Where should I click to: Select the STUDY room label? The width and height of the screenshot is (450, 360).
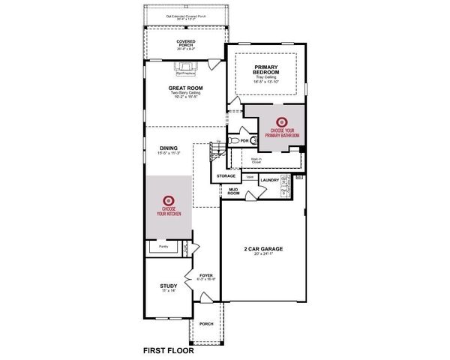coord(168,286)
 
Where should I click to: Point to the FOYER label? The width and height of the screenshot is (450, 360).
coord(205,275)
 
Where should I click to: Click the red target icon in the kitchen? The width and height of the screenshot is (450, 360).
coord(169,199)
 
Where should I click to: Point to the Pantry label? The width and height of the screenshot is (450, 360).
coord(163,245)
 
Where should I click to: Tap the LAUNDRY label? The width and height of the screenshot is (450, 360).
coord(269,181)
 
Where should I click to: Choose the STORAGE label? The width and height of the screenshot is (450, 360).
coord(226,176)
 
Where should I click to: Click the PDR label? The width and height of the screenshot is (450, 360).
coord(244,140)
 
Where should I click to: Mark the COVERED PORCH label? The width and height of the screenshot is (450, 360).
coord(186,43)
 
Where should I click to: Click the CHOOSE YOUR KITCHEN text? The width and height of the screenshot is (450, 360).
coord(169,211)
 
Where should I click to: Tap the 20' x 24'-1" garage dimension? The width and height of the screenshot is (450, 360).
coord(262,254)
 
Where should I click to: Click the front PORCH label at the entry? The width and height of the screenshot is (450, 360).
coord(206,323)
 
